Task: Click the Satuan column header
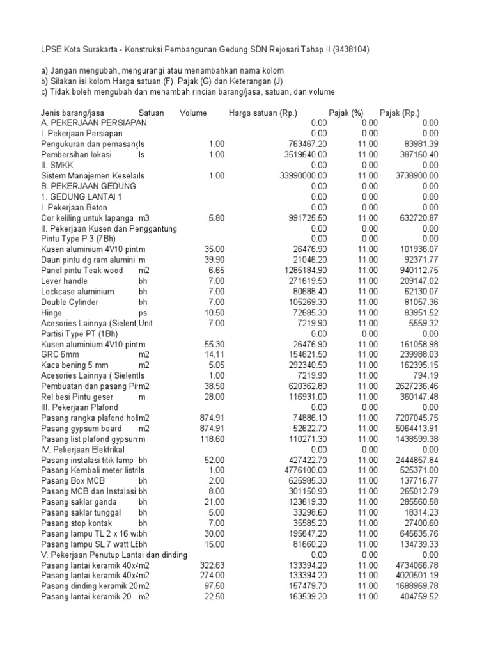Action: [151, 113]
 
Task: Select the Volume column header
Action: [193, 113]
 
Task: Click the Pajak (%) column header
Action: [345, 113]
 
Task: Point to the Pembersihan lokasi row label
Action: [77, 154]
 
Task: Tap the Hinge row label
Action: [52, 312]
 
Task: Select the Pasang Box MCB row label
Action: [72, 480]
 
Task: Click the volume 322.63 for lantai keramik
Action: [210, 564]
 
